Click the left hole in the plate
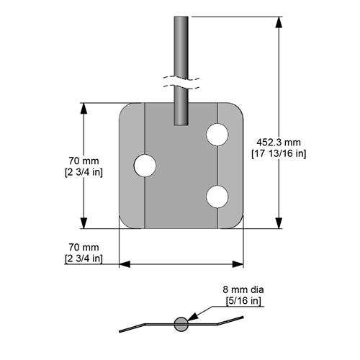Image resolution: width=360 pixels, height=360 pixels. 145,165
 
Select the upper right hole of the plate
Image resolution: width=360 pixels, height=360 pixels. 217,134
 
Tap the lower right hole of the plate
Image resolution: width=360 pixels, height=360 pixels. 217,195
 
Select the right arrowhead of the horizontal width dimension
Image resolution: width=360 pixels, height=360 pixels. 238,264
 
